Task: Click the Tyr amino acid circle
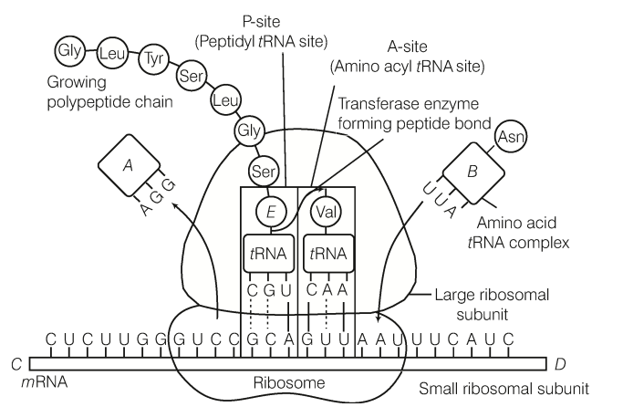[153, 63]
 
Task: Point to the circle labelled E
[271, 212]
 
